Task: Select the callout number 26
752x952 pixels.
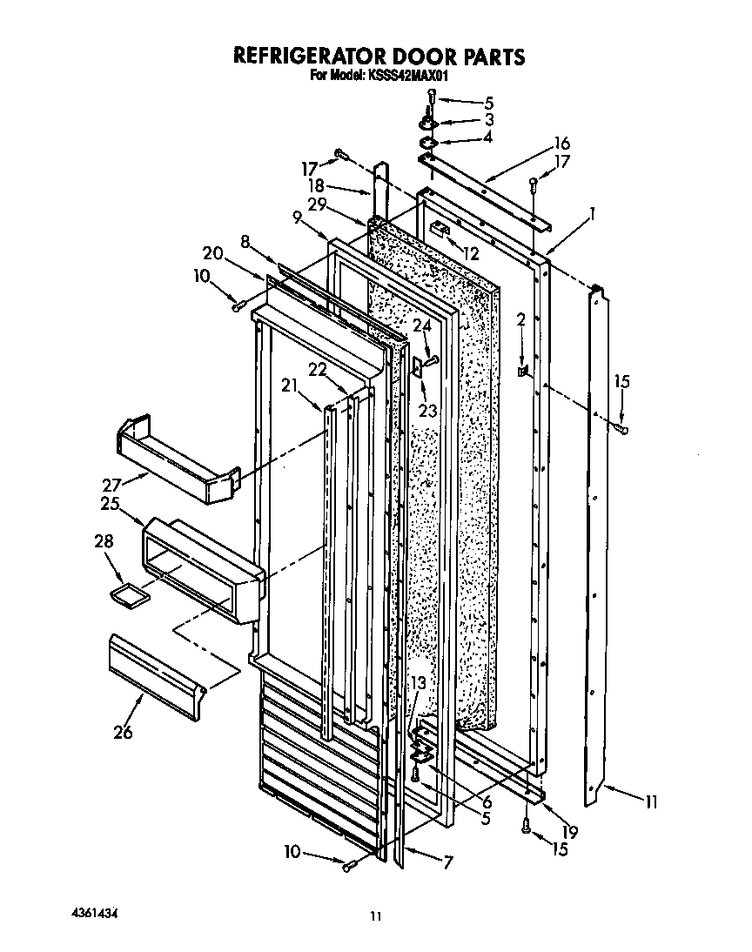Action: click(123, 732)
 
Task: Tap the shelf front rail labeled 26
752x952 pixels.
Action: click(157, 674)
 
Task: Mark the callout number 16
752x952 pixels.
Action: click(561, 143)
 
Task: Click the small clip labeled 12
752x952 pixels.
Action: click(440, 229)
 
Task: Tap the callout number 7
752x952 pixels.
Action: click(448, 863)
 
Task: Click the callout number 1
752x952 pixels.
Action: click(592, 211)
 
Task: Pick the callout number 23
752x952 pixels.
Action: click(426, 410)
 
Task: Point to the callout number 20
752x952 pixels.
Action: click(211, 252)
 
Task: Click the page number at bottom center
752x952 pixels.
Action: click(375, 915)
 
